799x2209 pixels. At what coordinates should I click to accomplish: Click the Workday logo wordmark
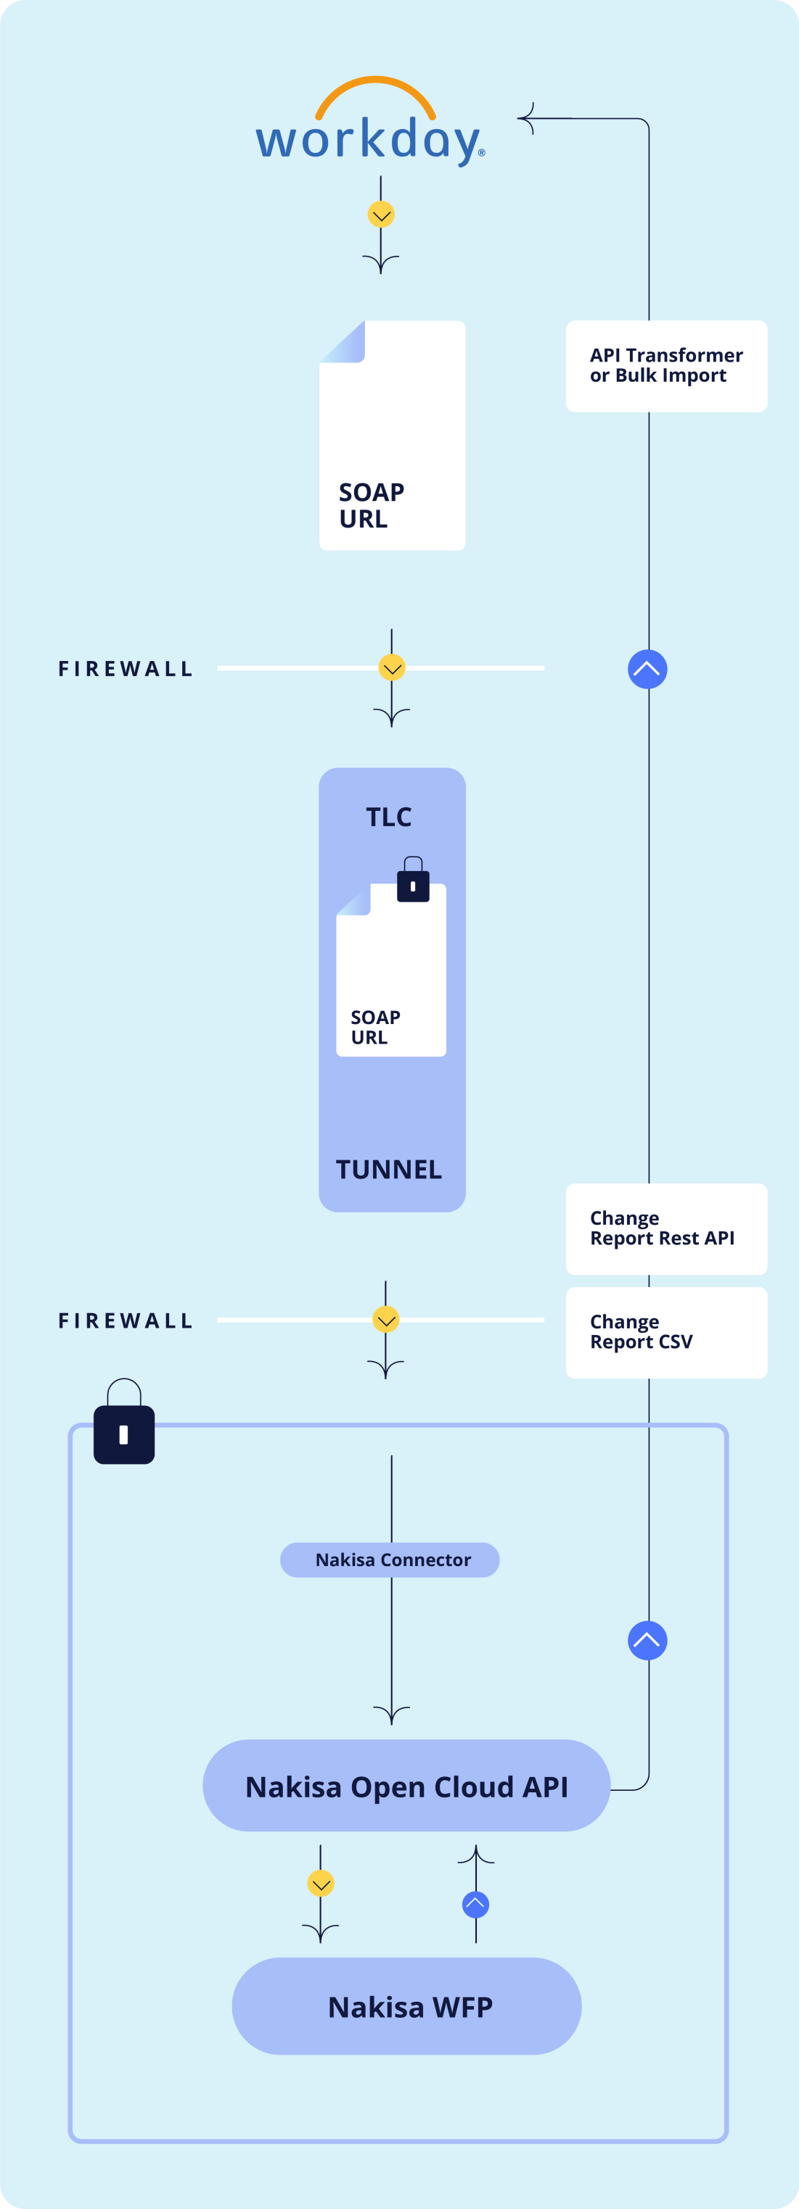[369, 140]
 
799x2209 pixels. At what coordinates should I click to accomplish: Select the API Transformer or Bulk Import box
[666, 366]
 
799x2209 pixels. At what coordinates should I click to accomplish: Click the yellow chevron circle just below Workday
[381, 215]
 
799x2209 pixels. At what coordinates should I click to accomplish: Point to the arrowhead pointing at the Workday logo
[526, 118]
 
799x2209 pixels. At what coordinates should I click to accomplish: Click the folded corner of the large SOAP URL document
[344, 343]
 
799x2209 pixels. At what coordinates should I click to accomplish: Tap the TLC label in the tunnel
[389, 818]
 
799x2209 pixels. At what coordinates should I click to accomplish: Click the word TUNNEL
[389, 1170]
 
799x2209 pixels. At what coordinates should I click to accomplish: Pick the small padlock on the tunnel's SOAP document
[413, 881]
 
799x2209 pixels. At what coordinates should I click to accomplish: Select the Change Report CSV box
[666, 1332]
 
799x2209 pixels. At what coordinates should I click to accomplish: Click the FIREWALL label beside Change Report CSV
[126, 1320]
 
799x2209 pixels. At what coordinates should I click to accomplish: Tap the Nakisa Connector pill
[390, 1560]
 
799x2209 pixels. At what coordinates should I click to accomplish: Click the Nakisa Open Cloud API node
[406, 1786]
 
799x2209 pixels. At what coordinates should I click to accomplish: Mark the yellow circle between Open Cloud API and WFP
[321, 1884]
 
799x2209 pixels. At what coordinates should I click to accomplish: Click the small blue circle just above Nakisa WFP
[475, 1905]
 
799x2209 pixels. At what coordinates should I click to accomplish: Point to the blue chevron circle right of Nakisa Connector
[647, 1641]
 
